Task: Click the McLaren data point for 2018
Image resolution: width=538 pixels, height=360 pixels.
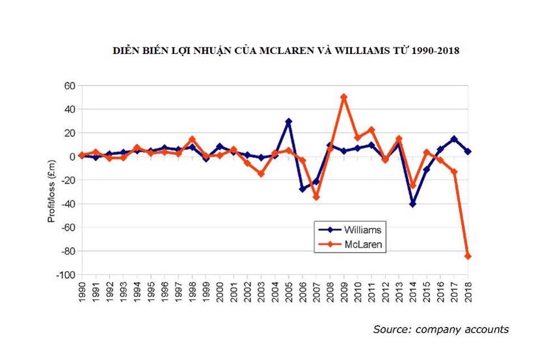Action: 467,256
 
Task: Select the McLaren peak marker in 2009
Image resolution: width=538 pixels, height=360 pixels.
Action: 343,97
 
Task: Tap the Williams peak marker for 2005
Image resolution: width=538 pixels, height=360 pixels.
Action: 288,121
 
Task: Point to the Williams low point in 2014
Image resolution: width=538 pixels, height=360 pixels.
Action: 412,204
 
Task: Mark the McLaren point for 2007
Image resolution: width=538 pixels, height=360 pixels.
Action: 316,197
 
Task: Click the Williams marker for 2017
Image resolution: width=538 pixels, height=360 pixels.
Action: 453,139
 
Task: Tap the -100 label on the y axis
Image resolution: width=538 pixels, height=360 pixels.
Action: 65,275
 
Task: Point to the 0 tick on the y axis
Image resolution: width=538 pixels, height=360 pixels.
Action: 72,157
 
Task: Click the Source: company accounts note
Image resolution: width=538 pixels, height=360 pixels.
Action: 440,329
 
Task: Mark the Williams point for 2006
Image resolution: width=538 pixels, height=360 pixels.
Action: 303,189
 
